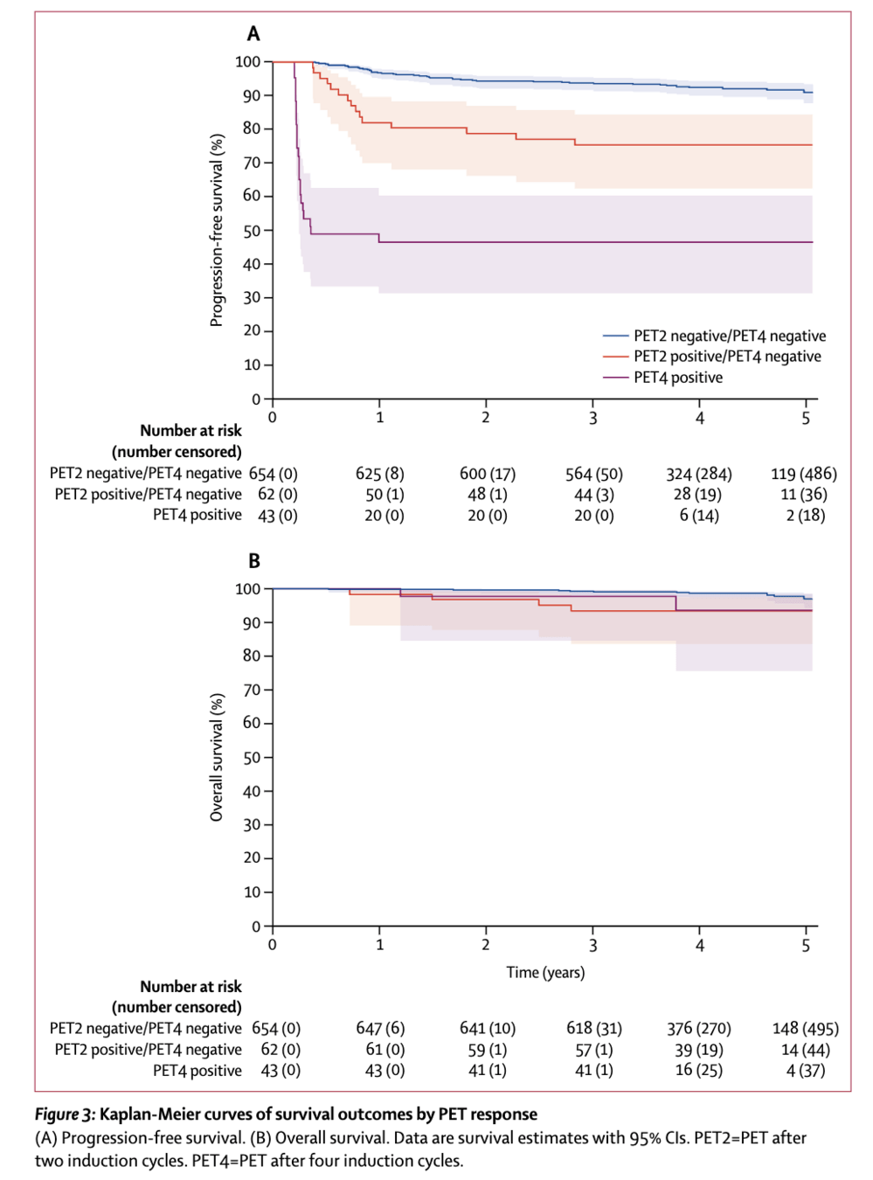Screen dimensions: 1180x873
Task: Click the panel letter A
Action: [x=253, y=34]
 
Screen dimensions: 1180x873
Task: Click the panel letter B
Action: [x=254, y=561]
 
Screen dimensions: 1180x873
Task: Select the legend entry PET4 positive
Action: [x=678, y=378]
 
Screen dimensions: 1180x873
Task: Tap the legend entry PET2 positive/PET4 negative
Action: [x=727, y=357]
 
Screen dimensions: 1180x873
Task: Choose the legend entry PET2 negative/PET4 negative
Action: [x=730, y=336]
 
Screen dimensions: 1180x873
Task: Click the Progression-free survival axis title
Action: [x=217, y=230]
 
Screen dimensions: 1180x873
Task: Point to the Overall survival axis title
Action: [x=217, y=757]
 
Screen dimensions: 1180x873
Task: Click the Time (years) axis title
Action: [x=545, y=972]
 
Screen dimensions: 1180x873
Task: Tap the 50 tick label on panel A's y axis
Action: [x=252, y=231]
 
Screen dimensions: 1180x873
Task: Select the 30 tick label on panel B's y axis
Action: [x=252, y=824]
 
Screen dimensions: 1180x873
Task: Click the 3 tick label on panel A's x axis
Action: [x=592, y=418]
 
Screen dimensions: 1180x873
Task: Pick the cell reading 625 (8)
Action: [x=379, y=474]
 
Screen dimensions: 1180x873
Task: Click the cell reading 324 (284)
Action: [x=698, y=474]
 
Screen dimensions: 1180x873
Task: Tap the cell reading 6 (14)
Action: [x=699, y=515]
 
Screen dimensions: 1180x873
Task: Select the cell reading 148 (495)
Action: [x=805, y=1029]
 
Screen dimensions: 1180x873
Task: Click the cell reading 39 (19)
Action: [x=698, y=1050]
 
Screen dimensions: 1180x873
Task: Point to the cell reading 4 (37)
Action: [x=805, y=1071]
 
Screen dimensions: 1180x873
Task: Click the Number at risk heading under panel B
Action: [x=191, y=987]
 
